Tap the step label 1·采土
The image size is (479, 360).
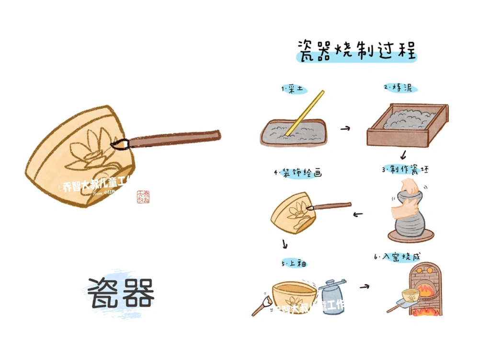pos(294,90)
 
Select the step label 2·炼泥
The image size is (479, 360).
pos(400,88)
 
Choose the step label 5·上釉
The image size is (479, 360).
pos(294,264)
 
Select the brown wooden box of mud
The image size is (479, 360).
pos(407,125)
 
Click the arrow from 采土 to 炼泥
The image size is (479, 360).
pos(345,128)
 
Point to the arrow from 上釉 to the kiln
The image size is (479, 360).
pos(365,287)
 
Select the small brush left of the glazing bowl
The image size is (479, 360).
pos(261,305)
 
